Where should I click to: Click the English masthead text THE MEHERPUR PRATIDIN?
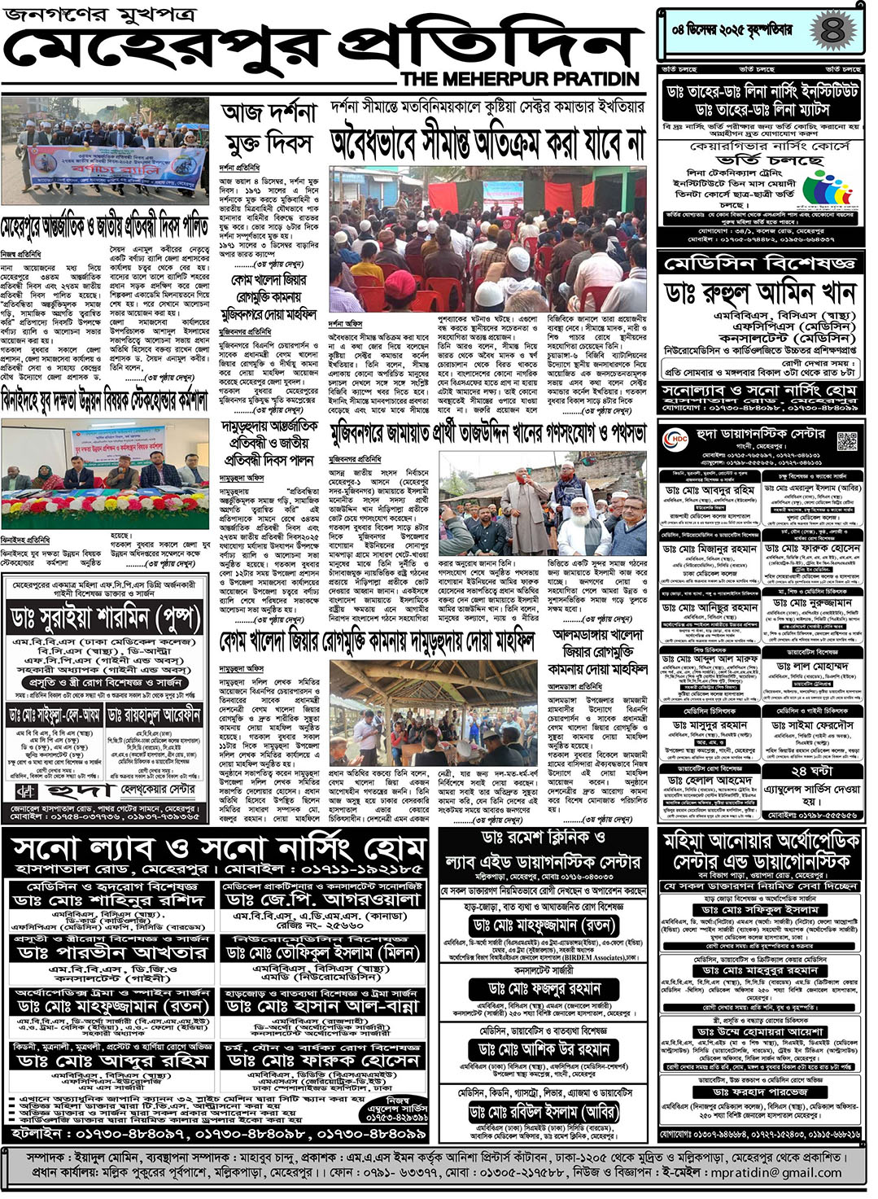520,79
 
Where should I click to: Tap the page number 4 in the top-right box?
832,30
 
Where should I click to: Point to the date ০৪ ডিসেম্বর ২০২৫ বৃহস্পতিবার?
732,30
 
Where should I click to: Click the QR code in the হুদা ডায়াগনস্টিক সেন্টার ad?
847,440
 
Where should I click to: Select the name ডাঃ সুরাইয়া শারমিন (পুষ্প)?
106,617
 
